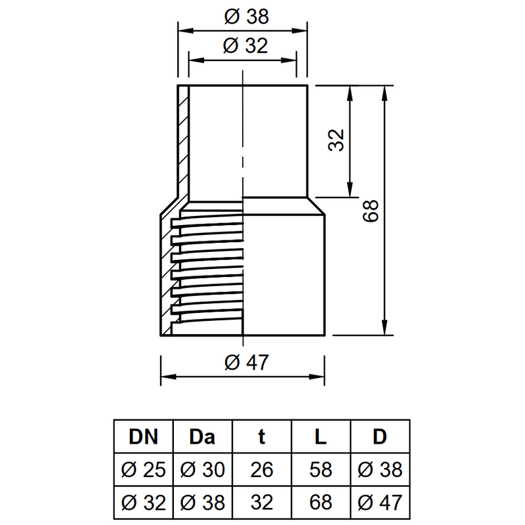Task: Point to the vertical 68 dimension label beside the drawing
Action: tap(371, 211)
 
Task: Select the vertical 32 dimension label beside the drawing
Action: tap(336, 140)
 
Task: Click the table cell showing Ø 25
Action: tap(143, 470)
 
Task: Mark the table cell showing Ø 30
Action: tap(202, 470)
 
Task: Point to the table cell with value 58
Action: tap(320, 470)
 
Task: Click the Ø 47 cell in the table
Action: tap(380, 502)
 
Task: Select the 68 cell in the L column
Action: tap(320, 502)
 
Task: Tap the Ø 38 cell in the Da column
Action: tap(202, 502)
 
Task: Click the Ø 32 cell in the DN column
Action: tap(143, 502)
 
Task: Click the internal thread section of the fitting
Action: tap(207, 269)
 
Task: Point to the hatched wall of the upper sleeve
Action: tap(183, 138)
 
